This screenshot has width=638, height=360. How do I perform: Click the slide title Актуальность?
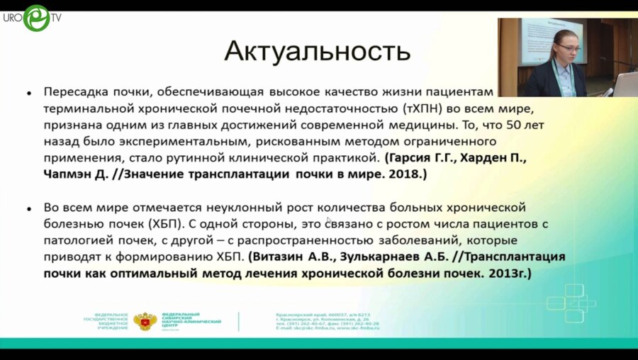click(x=317, y=52)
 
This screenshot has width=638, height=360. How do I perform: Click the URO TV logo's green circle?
click(x=36, y=18)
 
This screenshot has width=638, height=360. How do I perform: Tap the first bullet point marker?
click(x=28, y=93)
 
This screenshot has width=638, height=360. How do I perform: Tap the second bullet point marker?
click(x=28, y=208)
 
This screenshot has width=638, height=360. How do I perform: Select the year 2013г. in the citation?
click(x=509, y=273)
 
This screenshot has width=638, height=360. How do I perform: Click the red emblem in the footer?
click(x=145, y=320)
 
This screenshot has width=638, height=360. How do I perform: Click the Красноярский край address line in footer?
click(x=322, y=314)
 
